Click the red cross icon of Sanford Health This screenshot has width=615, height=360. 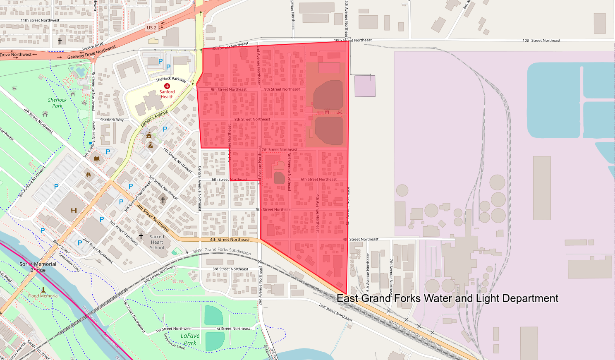click(167, 86)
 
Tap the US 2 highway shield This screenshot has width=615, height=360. click(151, 28)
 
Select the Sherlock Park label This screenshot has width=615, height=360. click(57, 103)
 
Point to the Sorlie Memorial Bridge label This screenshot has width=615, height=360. click(38, 267)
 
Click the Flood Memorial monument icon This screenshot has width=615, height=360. click(43, 290)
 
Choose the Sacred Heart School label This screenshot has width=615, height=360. click(157, 242)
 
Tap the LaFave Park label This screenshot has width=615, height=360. click(190, 339)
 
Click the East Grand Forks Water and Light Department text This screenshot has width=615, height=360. click(447, 298)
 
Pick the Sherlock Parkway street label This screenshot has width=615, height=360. click(171, 79)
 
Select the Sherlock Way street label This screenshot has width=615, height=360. click(112, 120)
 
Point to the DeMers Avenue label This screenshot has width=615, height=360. click(154, 118)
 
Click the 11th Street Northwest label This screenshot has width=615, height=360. click(40, 20)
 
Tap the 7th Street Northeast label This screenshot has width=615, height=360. click(280, 150)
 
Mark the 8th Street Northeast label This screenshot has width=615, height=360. click(252, 120)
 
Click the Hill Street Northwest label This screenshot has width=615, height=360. click(160, 275)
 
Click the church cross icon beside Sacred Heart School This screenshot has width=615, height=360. click(141, 236)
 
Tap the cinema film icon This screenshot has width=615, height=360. click(74, 210)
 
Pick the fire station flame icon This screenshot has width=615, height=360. click(88, 175)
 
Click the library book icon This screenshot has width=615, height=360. click(97, 158)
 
